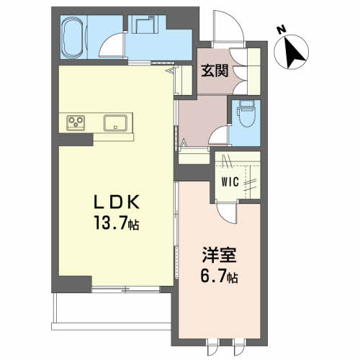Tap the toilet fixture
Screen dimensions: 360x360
[246, 114]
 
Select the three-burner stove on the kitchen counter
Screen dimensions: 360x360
[76, 122]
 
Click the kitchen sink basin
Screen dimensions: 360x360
[115, 123]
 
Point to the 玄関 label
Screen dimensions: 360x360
[215, 71]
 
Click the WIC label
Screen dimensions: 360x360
[230, 181]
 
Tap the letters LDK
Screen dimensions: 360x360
[117, 202]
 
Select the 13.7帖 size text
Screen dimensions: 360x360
[117, 222]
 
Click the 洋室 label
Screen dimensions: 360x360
[219, 255]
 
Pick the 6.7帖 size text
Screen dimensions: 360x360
[219, 276]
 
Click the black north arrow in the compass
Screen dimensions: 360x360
[294, 53]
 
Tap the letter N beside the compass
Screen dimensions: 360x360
[281, 29]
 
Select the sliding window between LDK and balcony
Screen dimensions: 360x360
[126, 289]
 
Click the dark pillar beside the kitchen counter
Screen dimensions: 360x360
[76, 140]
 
